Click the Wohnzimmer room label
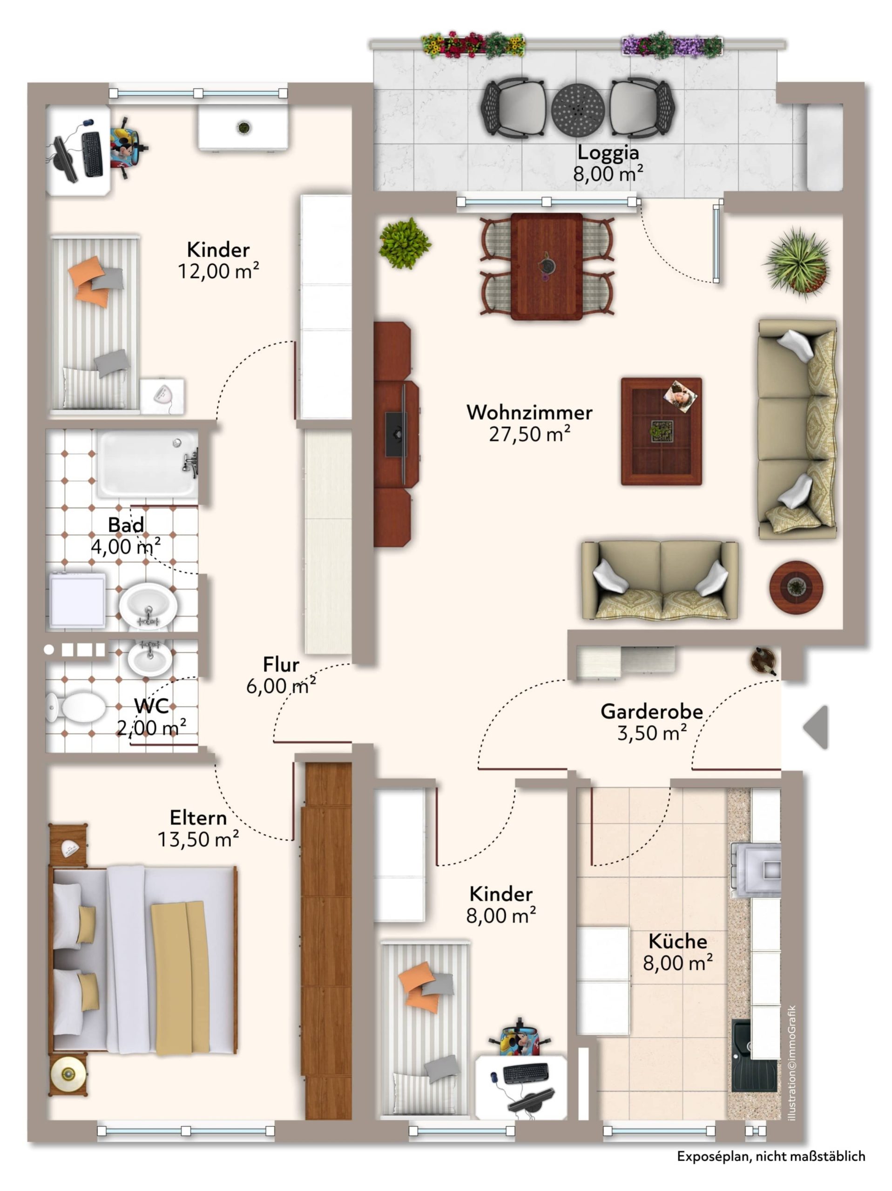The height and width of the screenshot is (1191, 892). pos(529,413)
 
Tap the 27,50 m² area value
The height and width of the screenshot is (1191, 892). pos(529,434)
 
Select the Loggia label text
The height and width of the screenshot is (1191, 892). pos(608,153)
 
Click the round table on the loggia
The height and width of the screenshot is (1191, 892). pos(577,109)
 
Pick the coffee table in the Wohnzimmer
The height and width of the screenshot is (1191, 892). pos(661,431)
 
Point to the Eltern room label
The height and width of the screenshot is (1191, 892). pos(198,817)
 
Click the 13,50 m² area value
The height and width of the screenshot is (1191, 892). pos(198,839)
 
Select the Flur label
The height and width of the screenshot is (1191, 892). pos(281,664)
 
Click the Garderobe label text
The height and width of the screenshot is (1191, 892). pos(651,711)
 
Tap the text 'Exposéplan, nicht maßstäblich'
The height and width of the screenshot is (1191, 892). pos(771,1156)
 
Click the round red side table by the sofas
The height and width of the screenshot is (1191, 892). pos(796,586)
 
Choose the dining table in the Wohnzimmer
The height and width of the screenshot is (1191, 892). pos(547,267)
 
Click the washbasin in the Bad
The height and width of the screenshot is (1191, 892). pos(148,605)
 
